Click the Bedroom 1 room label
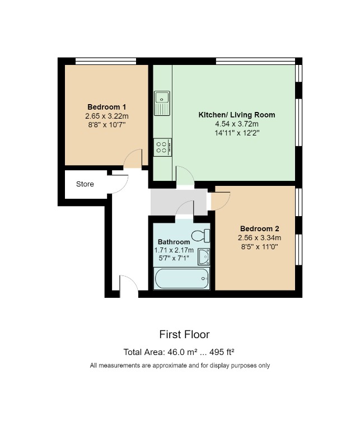pos(106,107)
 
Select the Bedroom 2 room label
pos(259,228)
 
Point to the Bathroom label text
pos(174,242)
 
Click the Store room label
pos(85,184)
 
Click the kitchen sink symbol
pos(162,103)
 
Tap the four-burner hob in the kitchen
pos(163,147)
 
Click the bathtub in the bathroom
pos(182,278)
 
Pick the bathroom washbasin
pos(204,256)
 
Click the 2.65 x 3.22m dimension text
pos(106,116)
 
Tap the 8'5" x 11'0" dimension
pos(259,246)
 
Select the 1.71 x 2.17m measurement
pos(174,250)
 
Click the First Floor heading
pos(184,334)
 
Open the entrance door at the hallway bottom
pos(128,284)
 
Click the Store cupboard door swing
pos(118,184)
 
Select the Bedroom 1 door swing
pos(133,160)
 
